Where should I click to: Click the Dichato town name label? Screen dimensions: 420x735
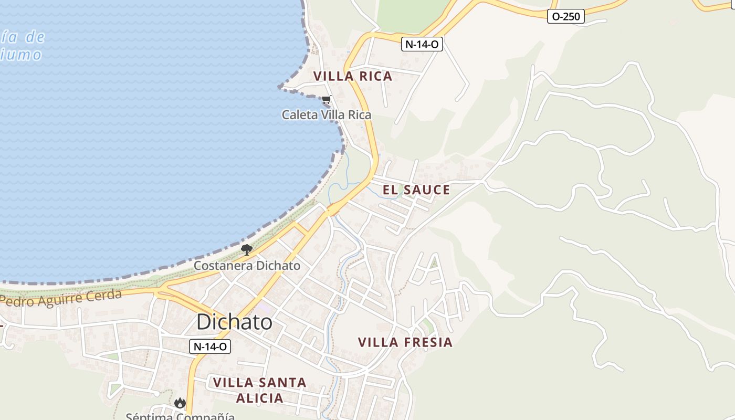(234, 322)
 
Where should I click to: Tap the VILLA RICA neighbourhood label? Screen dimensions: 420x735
(353, 76)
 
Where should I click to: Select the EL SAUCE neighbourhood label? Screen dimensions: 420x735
(416, 190)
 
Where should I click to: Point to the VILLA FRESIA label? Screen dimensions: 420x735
(405, 342)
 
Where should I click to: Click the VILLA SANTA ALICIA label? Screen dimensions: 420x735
(260, 390)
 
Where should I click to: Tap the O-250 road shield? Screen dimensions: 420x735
(566, 17)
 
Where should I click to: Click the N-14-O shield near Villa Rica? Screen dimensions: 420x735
(423, 45)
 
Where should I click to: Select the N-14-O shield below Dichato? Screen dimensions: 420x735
(210, 346)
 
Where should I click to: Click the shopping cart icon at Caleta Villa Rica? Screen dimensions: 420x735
(327, 99)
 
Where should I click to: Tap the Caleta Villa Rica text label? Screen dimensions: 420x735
(327, 114)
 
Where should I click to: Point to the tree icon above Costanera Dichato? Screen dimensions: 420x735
(247, 250)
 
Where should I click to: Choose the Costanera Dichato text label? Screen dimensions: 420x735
(247, 266)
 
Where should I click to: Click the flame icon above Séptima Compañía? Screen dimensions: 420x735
(180, 403)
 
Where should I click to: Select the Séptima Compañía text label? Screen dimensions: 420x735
(180, 416)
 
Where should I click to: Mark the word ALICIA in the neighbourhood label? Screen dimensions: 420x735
(260, 398)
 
